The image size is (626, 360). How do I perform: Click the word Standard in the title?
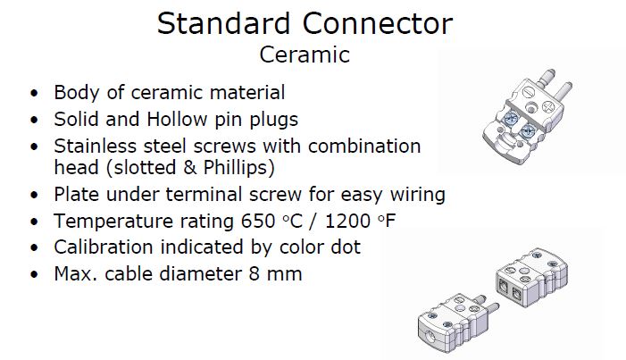(223, 23)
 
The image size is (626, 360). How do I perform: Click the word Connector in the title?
(378, 23)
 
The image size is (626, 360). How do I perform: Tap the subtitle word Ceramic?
(305, 54)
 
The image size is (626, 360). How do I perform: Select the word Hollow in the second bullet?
(177, 119)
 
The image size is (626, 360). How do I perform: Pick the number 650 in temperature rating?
(258, 221)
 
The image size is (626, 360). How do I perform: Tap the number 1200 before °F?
(348, 221)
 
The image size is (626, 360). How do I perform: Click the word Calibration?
(104, 247)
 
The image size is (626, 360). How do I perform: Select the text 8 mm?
(275, 274)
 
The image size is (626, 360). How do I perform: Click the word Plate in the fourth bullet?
(76, 194)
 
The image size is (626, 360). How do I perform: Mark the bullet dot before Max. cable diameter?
(34, 275)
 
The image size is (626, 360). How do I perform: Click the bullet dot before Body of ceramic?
(34, 94)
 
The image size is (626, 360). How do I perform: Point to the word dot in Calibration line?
(346, 247)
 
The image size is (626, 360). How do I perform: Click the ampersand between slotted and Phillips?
(190, 168)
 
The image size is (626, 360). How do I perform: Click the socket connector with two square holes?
(531, 278)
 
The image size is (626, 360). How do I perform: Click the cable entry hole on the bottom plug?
(432, 336)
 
